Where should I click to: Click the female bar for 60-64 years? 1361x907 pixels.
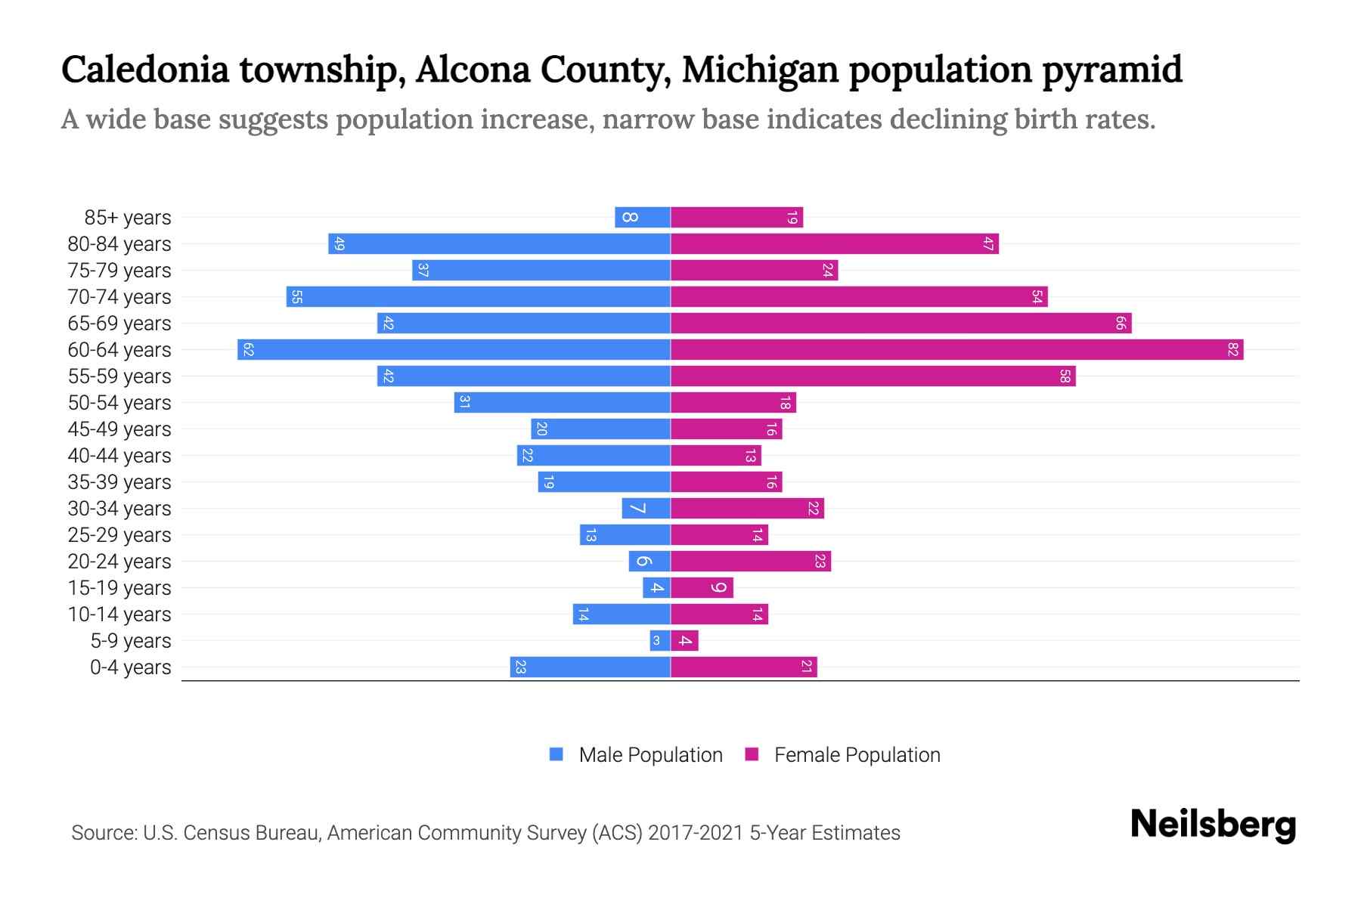pos(956,349)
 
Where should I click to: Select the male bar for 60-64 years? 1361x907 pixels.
pos(454,349)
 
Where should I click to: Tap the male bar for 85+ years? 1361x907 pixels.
pos(643,218)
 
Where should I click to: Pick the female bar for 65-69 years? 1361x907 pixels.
pos(900,323)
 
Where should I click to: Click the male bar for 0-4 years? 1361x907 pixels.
pos(590,667)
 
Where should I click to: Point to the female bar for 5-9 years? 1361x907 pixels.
pos(684,641)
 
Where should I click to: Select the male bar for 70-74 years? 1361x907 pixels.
pos(478,296)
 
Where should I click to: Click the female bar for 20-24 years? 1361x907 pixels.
pos(750,561)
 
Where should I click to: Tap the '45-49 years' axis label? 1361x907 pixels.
pos(119,429)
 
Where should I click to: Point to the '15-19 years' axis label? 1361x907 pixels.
pos(119,587)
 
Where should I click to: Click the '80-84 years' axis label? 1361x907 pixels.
pos(119,243)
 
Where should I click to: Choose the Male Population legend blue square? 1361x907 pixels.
pos(556,754)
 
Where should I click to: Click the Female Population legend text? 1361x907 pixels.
pos(857,754)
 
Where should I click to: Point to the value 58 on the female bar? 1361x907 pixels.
pos(1065,376)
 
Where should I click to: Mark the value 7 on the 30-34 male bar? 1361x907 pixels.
pos(639,508)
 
